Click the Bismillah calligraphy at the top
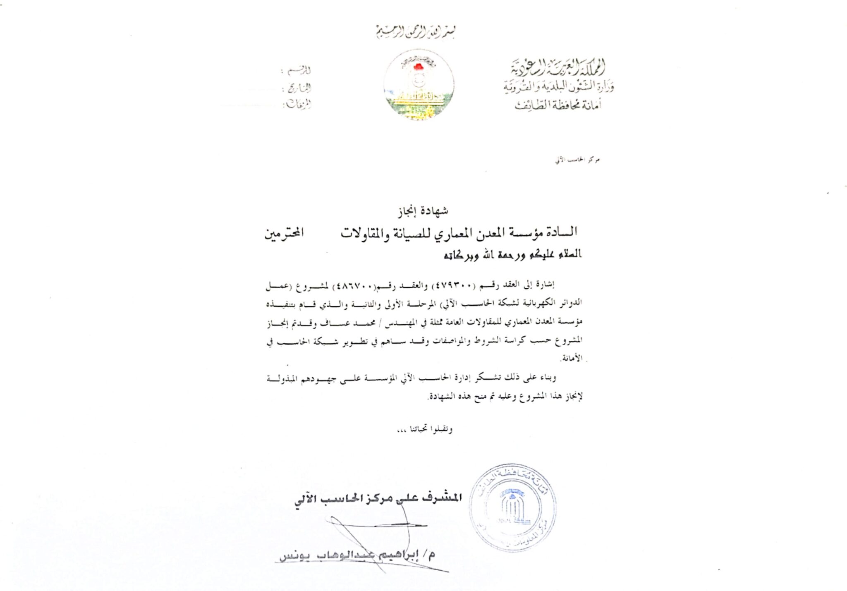(x=415, y=32)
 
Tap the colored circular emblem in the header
(x=419, y=85)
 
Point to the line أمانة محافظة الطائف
(x=558, y=105)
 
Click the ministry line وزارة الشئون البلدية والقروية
(x=558, y=86)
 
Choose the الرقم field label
(x=299, y=70)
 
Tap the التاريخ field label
(x=299, y=88)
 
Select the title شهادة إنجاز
(x=423, y=211)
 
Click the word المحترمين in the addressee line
(x=284, y=233)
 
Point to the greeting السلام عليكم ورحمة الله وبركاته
(x=513, y=254)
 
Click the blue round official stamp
(x=512, y=507)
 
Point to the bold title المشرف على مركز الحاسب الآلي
(x=378, y=498)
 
